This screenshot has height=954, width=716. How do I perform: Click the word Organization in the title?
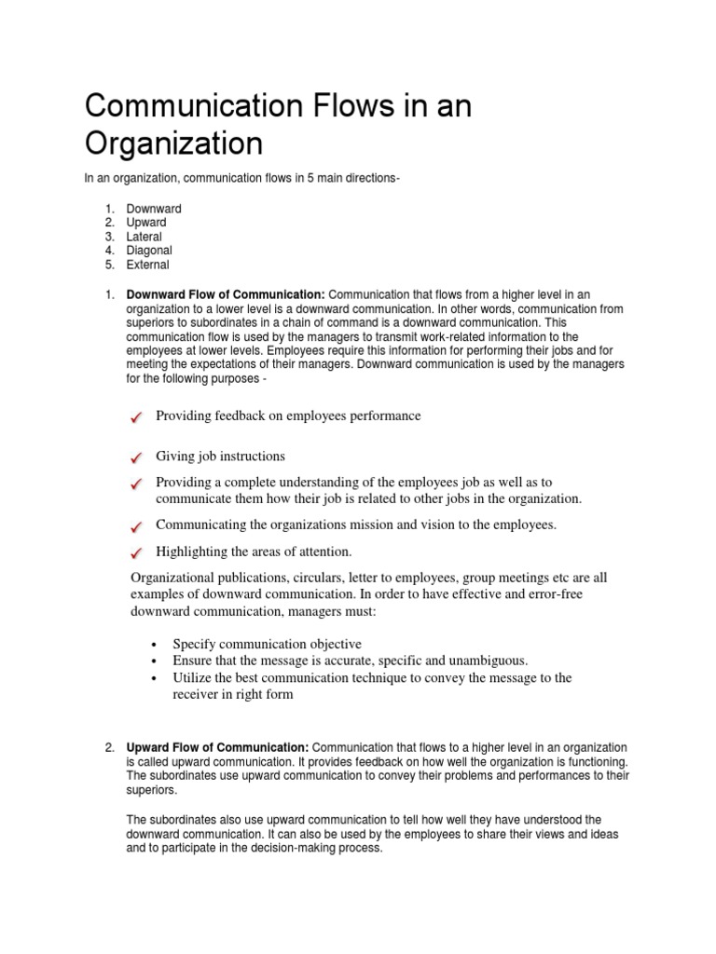click(174, 145)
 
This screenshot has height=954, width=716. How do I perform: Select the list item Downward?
click(154, 209)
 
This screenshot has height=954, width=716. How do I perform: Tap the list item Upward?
click(146, 223)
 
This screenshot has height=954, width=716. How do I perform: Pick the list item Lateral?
click(144, 237)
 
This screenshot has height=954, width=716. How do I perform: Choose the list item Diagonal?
click(149, 251)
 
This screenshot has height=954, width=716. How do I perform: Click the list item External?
click(148, 265)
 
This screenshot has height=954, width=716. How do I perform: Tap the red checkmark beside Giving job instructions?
click(137, 457)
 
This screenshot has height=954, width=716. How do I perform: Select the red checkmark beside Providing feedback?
click(137, 419)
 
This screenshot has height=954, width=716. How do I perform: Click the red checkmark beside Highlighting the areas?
click(137, 553)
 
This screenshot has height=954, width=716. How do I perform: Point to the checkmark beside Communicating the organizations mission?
click(137, 526)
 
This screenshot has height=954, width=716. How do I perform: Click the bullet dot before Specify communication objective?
click(153, 645)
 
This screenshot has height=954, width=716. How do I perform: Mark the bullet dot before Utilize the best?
click(153, 678)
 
